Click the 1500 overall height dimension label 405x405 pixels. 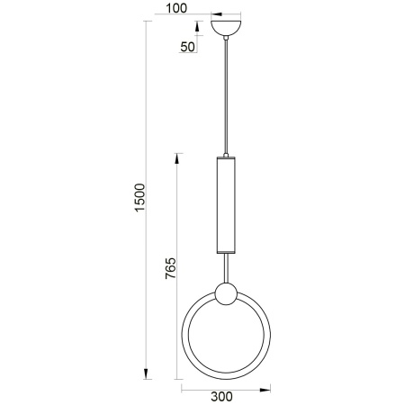[x=139, y=198]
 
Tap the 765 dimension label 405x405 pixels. [x=171, y=268]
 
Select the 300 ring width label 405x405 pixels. [x=221, y=397]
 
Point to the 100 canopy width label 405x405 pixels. [x=176, y=8]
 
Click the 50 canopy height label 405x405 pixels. [x=188, y=47]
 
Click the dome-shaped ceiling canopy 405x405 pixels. [x=226, y=28]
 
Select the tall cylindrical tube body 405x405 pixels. [x=226, y=205]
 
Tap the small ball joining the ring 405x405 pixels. [x=226, y=293]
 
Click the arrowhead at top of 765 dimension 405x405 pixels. [x=177, y=158]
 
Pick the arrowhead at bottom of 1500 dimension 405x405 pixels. [x=146, y=373]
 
